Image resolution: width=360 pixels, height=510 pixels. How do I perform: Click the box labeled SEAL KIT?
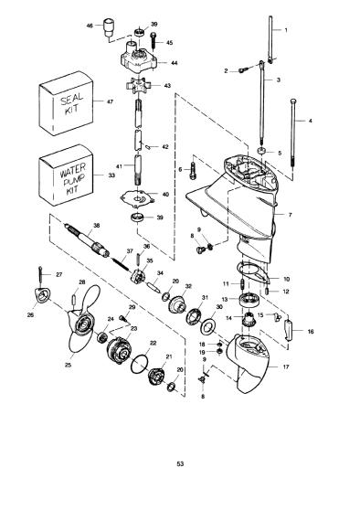(66, 103)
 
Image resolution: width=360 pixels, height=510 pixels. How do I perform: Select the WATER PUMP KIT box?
(66, 175)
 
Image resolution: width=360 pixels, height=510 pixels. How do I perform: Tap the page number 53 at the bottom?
(180, 463)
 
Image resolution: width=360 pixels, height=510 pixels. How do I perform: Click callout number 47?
(110, 101)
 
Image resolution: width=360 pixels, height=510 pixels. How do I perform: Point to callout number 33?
(111, 175)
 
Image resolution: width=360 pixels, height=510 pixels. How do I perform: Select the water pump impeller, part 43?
(139, 87)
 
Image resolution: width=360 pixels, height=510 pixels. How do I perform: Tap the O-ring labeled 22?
(139, 364)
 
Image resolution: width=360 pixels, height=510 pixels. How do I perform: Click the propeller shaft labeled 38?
(87, 240)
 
